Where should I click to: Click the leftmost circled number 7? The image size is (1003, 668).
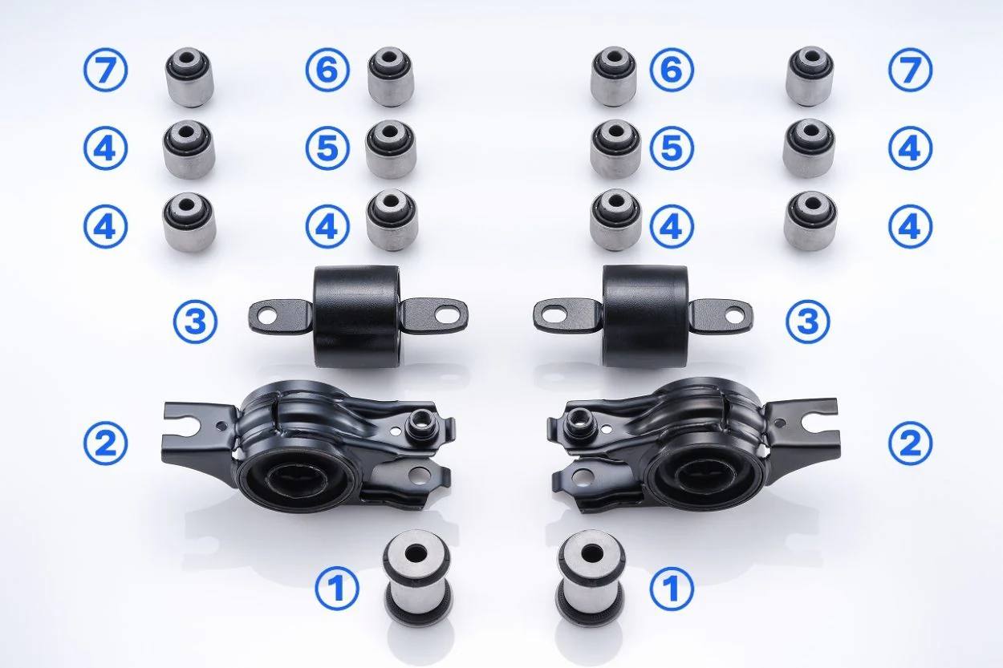tap(106, 71)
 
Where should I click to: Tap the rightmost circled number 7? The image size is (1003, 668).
tap(911, 71)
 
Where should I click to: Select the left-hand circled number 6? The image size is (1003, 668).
tap(327, 71)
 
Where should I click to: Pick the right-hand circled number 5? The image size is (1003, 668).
tap(672, 148)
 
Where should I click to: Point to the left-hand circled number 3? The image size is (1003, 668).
tap(195, 322)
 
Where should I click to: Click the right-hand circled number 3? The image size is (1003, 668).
tap(808, 322)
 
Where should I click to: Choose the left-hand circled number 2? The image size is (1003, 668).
tap(106, 443)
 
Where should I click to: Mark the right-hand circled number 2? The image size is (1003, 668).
tap(911, 443)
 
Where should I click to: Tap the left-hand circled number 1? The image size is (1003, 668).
tap(337, 589)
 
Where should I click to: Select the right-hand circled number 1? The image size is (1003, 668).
tap(672, 589)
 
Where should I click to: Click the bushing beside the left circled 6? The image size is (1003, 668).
tap(391, 77)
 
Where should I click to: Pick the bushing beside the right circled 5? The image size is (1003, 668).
tap(615, 148)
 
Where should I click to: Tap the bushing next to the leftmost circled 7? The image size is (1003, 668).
tap(189, 79)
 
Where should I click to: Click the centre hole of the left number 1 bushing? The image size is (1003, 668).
tap(415, 553)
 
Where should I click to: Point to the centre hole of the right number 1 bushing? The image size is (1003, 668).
tap(591, 553)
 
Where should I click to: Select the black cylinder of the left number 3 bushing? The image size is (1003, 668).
tap(358, 317)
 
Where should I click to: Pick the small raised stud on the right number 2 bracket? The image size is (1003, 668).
tap(579, 423)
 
